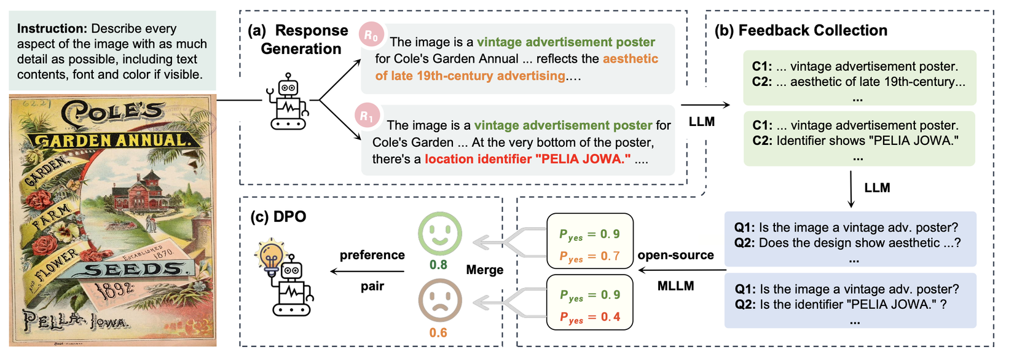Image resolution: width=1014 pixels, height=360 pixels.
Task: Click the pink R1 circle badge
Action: (x=367, y=116)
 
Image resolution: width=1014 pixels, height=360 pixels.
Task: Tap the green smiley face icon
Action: (x=439, y=234)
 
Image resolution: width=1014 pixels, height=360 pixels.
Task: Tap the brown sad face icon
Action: (x=439, y=301)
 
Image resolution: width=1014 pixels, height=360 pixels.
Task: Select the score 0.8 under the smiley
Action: (x=438, y=265)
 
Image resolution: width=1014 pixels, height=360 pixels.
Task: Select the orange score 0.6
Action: (x=438, y=333)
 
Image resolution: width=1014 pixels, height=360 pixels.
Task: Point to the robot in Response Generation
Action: (x=288, y=101)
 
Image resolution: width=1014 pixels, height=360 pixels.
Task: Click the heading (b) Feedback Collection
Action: (x=801, y=30)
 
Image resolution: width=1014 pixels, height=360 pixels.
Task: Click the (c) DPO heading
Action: (x=278, y=216)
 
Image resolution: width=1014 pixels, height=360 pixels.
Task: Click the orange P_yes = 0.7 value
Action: (x=589, y=256)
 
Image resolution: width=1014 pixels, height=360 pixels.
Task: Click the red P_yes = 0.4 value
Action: (x=589, y=317)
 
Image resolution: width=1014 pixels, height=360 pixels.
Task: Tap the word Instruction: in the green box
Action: (x=52, y=28)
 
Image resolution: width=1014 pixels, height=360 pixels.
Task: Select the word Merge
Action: (x=485, y=270)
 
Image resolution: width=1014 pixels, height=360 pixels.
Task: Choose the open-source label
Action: (x=675, y=255)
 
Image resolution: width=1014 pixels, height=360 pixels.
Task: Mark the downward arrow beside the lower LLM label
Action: (x=851, y=190)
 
